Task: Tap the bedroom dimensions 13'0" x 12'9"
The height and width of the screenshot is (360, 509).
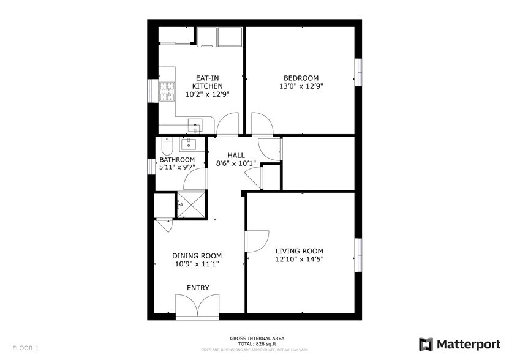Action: [x=301, y=86]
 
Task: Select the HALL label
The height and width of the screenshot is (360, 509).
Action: [x=236, y=156]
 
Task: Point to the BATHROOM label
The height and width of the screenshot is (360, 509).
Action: [x=177, y=160]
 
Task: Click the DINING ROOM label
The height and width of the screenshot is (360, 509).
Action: [x=197, y=256]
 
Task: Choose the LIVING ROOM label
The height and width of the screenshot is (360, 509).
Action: [x=299, y=251]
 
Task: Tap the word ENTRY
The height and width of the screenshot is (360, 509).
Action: [x=198, y=288]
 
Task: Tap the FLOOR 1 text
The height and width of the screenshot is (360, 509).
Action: [x=25, y=348]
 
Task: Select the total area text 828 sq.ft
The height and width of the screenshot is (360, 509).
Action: [x=257, y=345]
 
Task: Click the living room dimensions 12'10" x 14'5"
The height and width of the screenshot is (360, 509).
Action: [x=299, y=260]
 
